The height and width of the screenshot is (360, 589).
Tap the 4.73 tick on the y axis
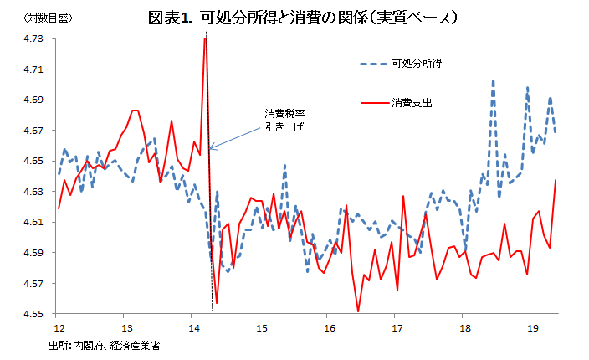[33, 39]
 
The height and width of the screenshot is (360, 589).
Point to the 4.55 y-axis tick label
[33, 314]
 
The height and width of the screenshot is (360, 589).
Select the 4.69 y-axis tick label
[33, 100]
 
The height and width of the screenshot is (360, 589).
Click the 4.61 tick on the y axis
[33, 222]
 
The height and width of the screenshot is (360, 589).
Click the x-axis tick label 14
[193, 328]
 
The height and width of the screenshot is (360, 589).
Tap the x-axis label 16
[330, 328]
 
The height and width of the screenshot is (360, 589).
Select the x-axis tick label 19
[531, 328]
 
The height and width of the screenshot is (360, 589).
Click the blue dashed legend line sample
[368, 64]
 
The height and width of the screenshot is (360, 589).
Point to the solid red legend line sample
[368, 103]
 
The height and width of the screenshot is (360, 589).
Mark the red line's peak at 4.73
[205, 39]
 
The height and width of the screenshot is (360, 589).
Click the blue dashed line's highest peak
[493, 81]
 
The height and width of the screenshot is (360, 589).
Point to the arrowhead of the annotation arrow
[211, 149]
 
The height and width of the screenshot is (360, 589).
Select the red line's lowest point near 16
[358, 311]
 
